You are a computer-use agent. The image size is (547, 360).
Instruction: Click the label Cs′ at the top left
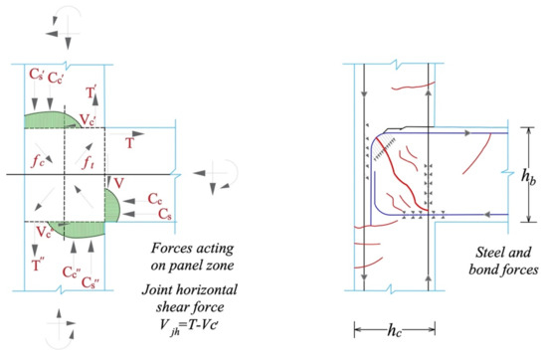[37, 76]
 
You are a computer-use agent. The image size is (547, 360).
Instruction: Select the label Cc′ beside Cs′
[64, 76]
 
